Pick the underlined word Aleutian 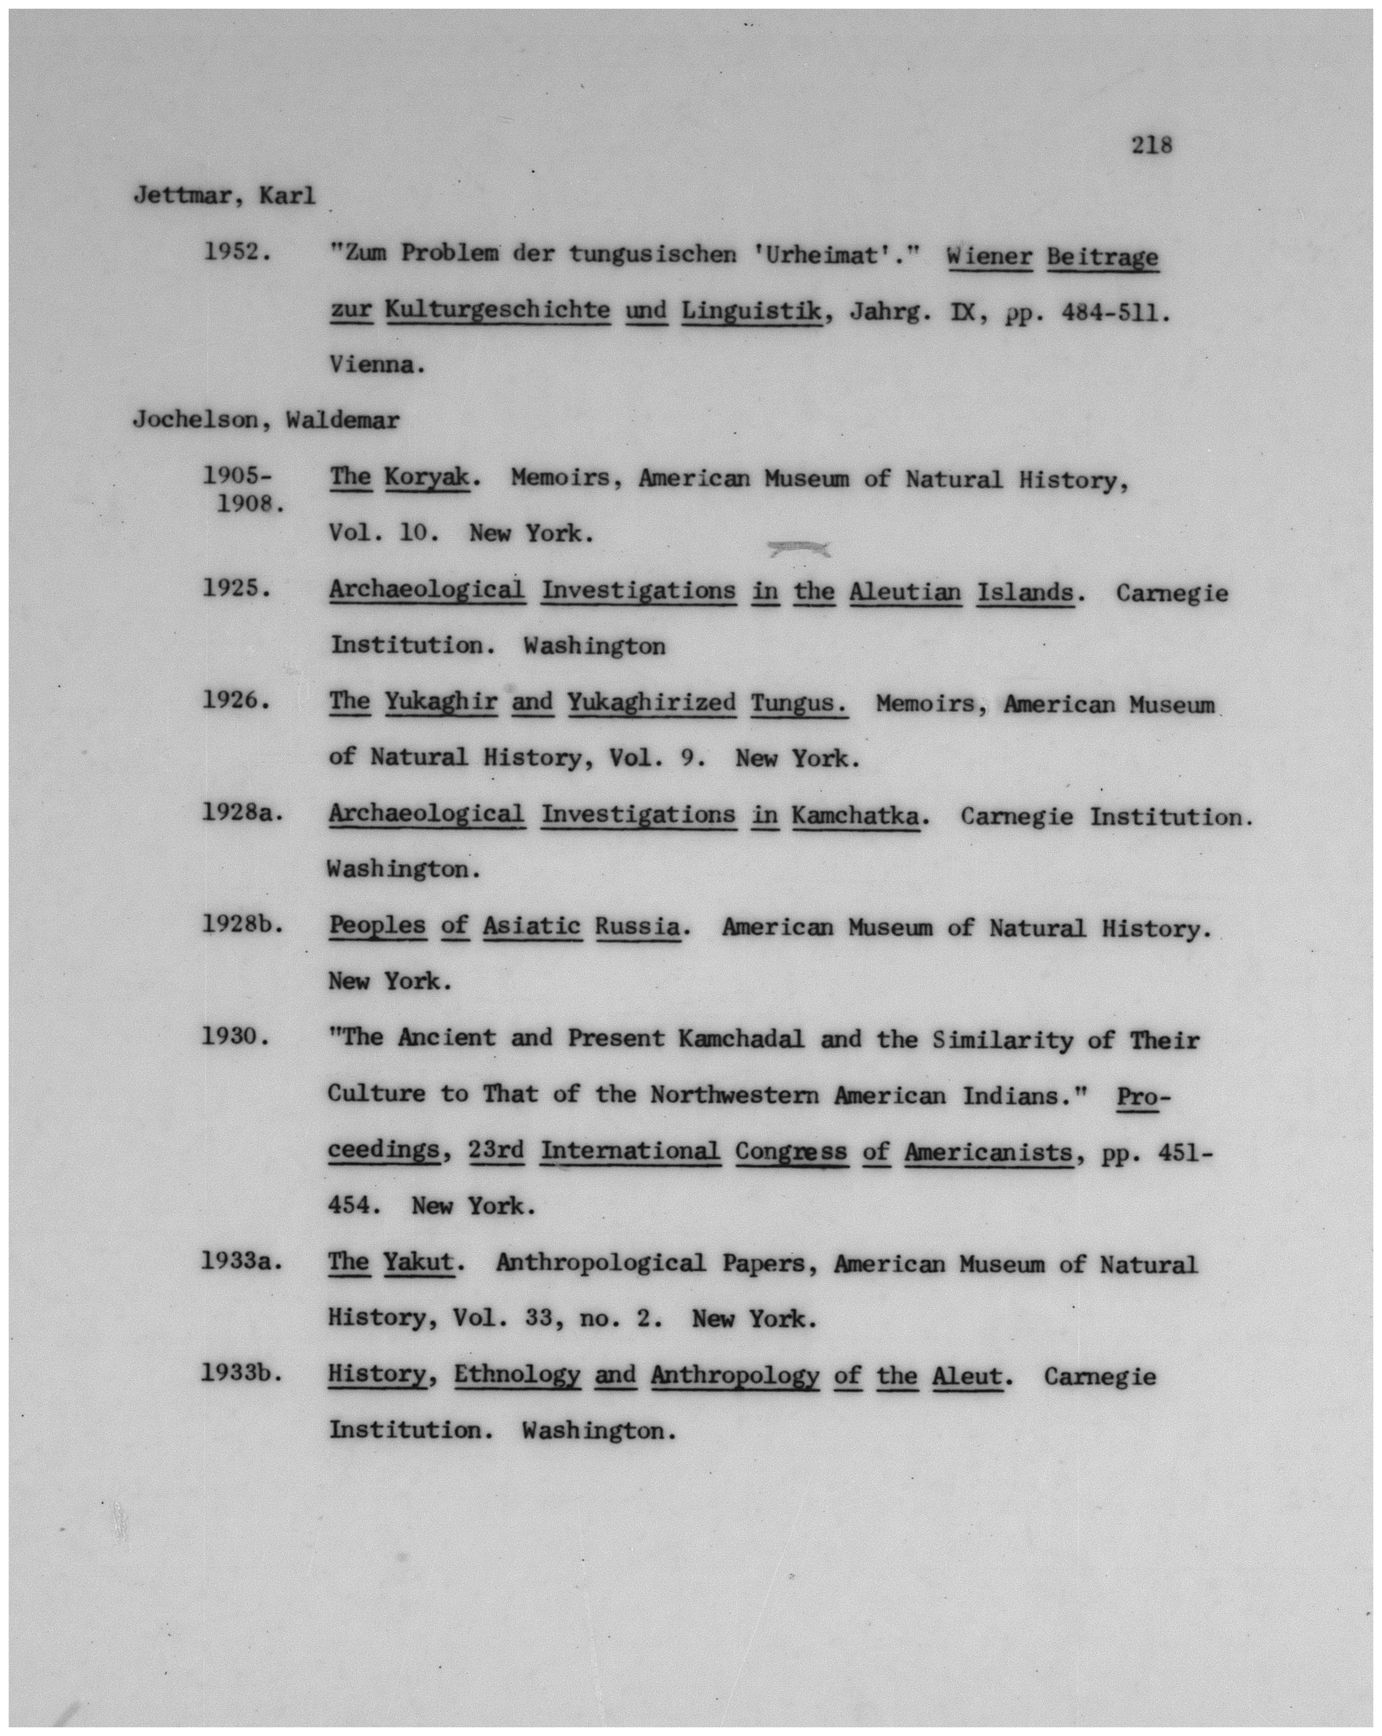(x=905, y=592)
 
